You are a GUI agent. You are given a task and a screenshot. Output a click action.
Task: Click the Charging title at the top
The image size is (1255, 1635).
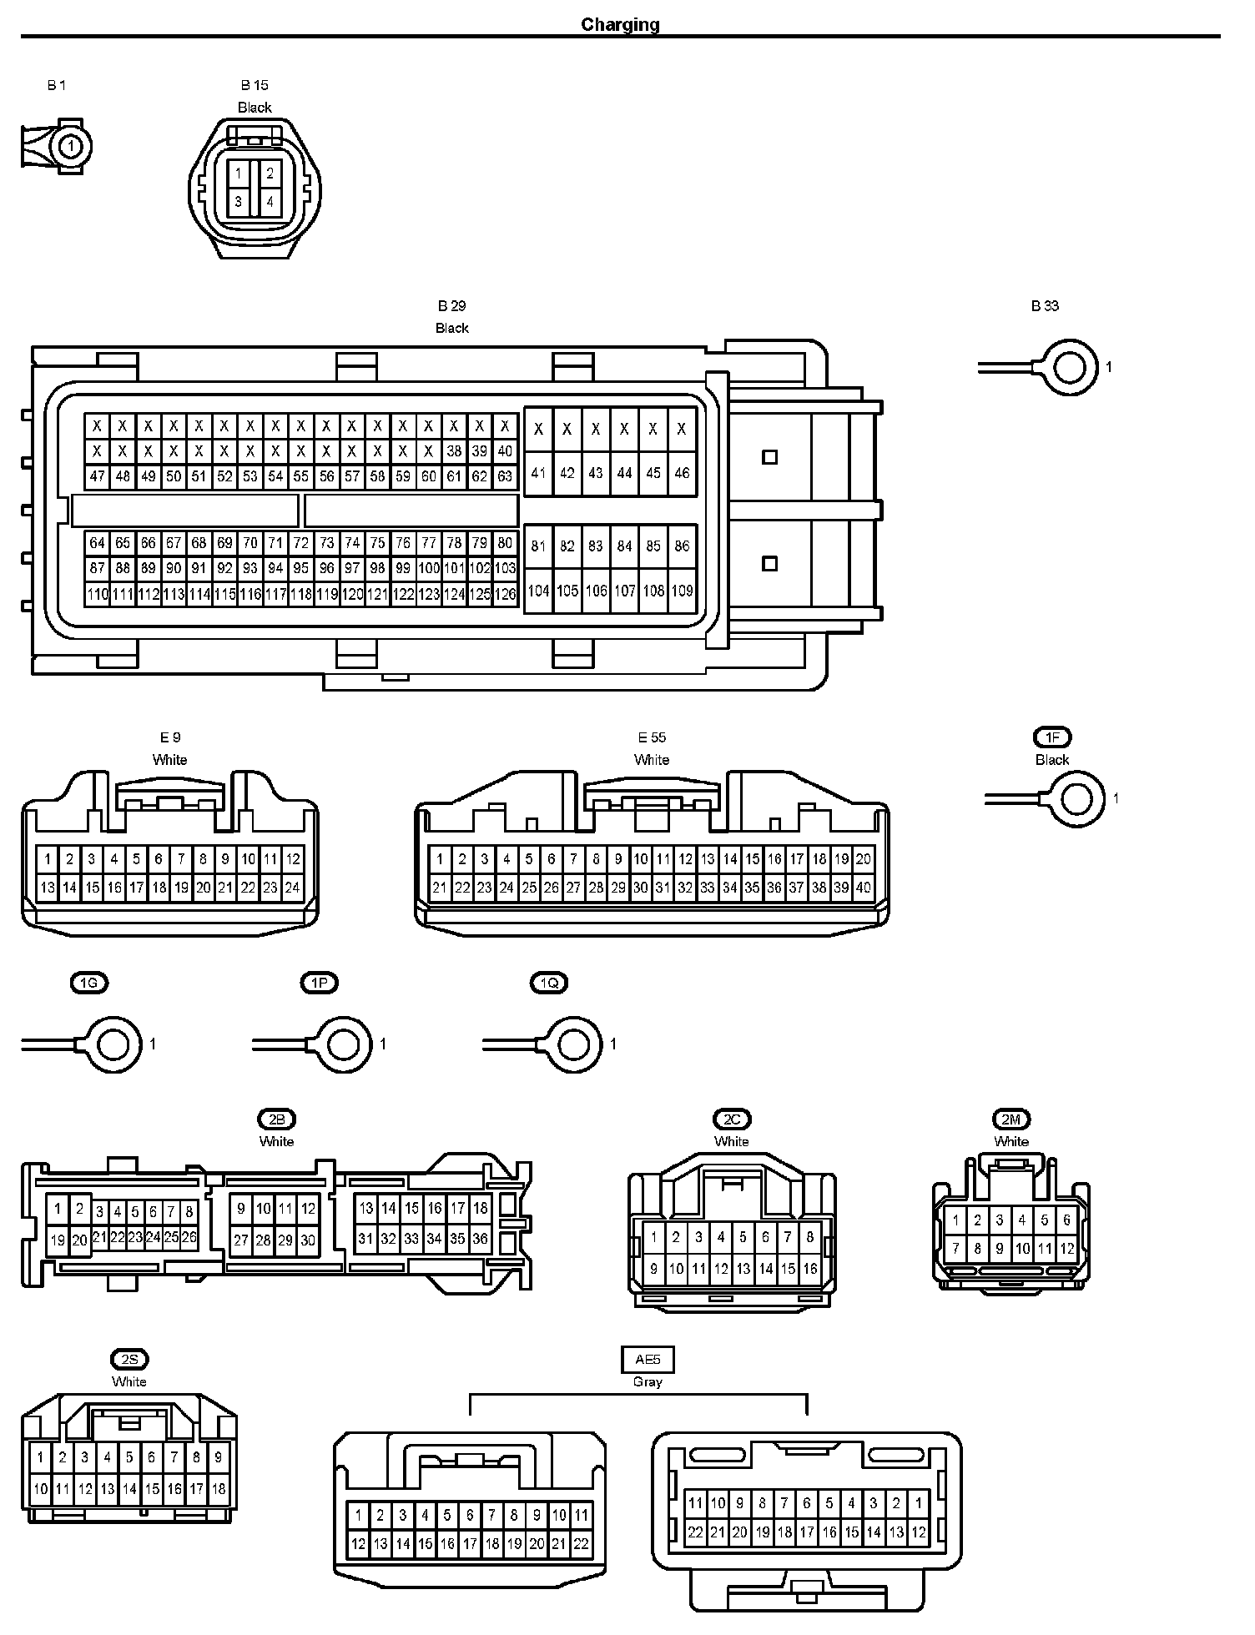620,24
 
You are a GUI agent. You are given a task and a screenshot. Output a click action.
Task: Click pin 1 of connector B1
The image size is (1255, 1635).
71,147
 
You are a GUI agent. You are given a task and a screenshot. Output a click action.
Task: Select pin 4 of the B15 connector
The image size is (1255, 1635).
270,202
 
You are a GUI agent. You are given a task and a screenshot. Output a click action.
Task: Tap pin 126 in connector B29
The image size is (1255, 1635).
505,595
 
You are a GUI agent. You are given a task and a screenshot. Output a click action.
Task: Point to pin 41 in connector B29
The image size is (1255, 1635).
538,473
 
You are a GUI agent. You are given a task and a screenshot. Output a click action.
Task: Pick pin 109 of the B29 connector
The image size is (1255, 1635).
682,591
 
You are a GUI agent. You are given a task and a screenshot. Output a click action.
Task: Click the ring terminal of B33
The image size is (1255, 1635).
1071,367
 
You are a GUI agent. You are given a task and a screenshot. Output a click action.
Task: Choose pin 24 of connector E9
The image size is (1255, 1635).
292,888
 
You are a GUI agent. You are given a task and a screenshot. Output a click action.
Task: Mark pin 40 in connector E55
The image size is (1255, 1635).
863,888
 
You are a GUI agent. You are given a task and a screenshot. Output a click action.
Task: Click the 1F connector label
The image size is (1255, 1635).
1052,737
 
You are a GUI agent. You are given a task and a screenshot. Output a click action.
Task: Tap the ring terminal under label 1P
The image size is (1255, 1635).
344,1044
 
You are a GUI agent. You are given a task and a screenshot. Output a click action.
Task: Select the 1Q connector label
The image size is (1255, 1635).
549,984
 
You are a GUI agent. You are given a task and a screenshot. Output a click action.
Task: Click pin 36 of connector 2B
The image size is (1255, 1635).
480,1240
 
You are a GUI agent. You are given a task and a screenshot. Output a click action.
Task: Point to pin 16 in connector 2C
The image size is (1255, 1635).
809,1269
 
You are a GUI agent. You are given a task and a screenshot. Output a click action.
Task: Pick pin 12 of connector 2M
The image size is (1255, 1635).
1066,1250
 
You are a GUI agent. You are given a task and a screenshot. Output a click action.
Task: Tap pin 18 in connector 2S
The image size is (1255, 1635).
219,1488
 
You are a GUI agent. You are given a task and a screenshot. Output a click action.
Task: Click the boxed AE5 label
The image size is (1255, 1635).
648,1360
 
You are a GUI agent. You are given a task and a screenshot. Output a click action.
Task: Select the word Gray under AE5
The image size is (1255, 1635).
648,1382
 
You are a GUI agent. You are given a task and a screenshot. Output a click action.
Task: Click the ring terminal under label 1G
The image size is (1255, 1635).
113,1044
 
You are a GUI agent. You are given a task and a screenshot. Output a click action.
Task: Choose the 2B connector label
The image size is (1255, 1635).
276,1119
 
